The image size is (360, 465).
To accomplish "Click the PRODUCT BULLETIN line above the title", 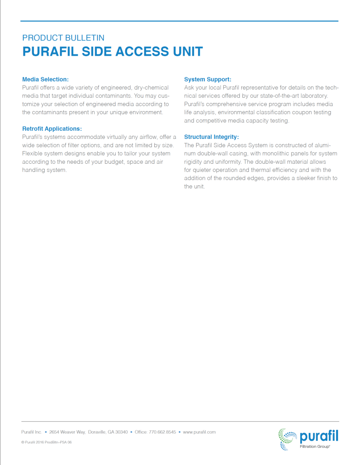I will (63, 38).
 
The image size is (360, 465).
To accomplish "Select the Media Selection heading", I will (45, 79).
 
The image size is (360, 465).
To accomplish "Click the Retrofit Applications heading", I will (52, 129).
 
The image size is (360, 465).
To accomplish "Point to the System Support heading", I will (207, 79).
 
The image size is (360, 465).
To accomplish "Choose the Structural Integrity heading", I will (211, 137).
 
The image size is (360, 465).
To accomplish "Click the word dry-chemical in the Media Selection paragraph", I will (148, 87).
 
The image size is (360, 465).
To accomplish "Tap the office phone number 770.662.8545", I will (162, 432).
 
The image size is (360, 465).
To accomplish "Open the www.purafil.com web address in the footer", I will (199, 432).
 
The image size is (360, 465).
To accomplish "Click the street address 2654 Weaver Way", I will (67, 432).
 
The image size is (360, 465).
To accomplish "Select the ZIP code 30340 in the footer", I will (121, 432).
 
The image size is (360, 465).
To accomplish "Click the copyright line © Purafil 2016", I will (46, 442).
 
